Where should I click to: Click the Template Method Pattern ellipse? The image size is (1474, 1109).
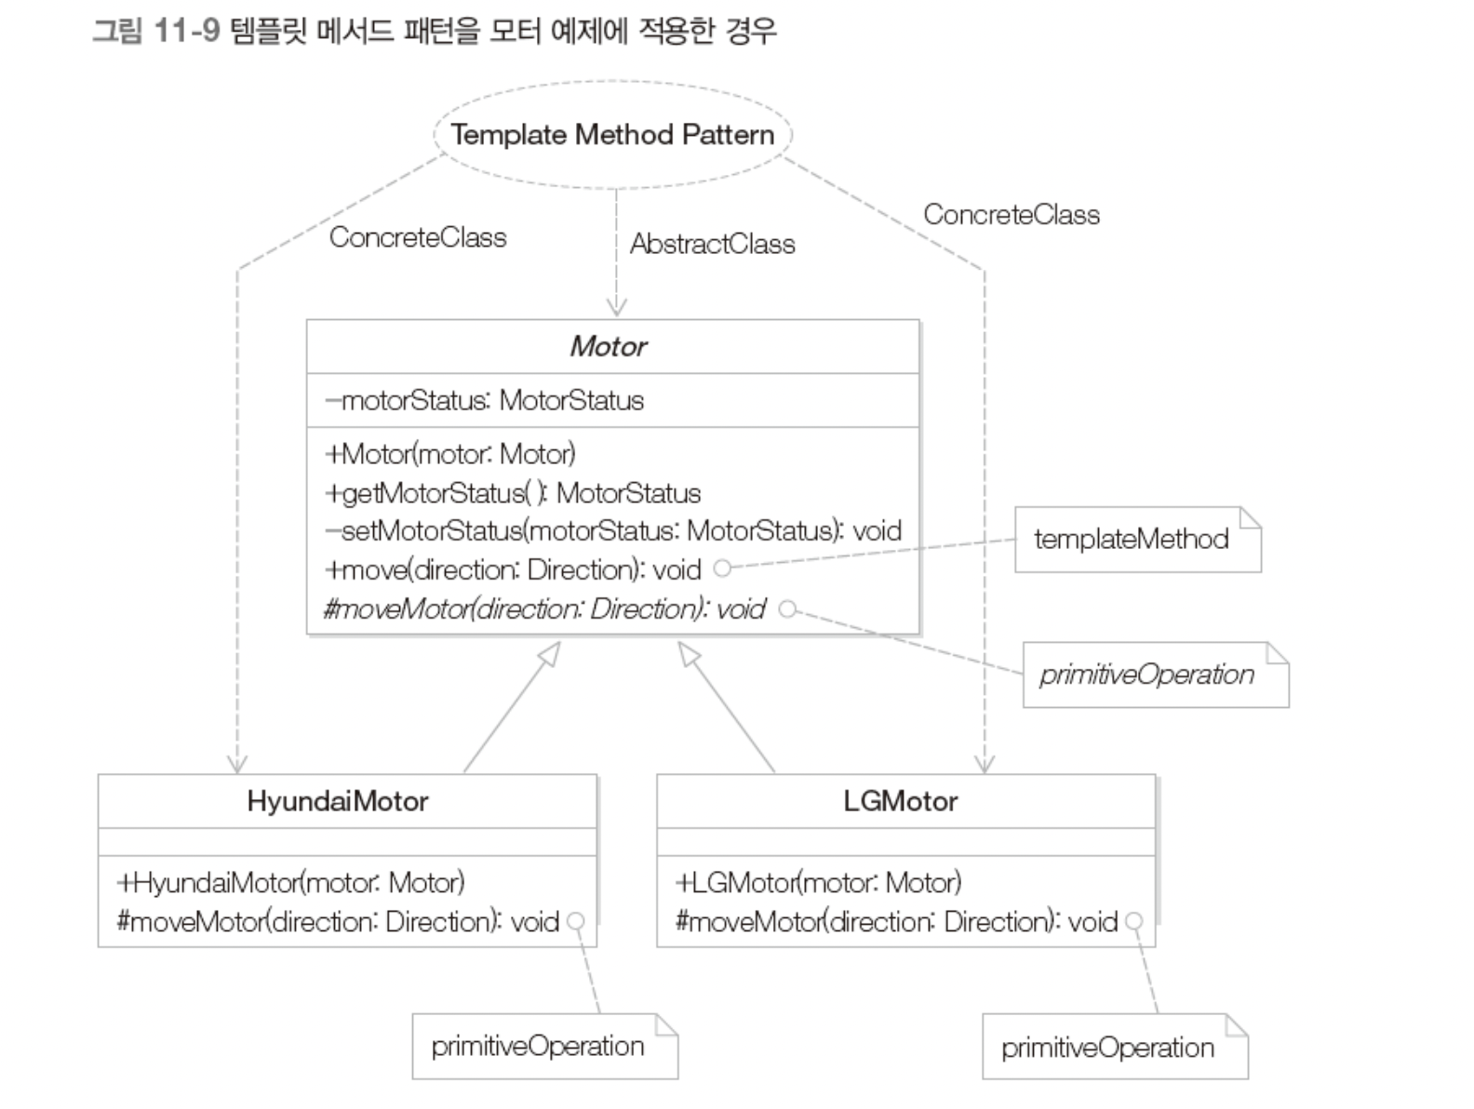(x=612, y=135)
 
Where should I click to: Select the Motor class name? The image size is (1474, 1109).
(x=609, y=347)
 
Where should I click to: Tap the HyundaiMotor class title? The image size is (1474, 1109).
(x=338, y=801)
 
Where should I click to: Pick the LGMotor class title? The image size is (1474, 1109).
(x=900, y=801)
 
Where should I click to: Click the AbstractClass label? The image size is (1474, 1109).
(x=712, y=245)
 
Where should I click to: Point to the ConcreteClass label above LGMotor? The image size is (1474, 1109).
(x=1011, y=215)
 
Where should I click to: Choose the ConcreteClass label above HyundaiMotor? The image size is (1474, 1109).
(x=418, y=238)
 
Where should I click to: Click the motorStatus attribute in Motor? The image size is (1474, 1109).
(x=485, y=401)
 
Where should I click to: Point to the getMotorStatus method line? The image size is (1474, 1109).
(x=513, y=493)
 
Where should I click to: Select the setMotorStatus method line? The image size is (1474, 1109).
(x=613, y=531)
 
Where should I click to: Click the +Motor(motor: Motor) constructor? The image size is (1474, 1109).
(x=450, y=454)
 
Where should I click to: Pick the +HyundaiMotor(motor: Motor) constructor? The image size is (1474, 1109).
(x=291, y=882)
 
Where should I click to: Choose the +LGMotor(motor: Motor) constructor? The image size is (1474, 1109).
(x=819, y=882)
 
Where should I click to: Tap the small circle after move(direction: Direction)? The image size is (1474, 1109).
(x=722, y=568)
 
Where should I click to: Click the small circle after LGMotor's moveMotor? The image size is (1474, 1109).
(x=1133, y=921)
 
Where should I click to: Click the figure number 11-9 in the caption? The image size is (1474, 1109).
(x=186, y=31)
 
